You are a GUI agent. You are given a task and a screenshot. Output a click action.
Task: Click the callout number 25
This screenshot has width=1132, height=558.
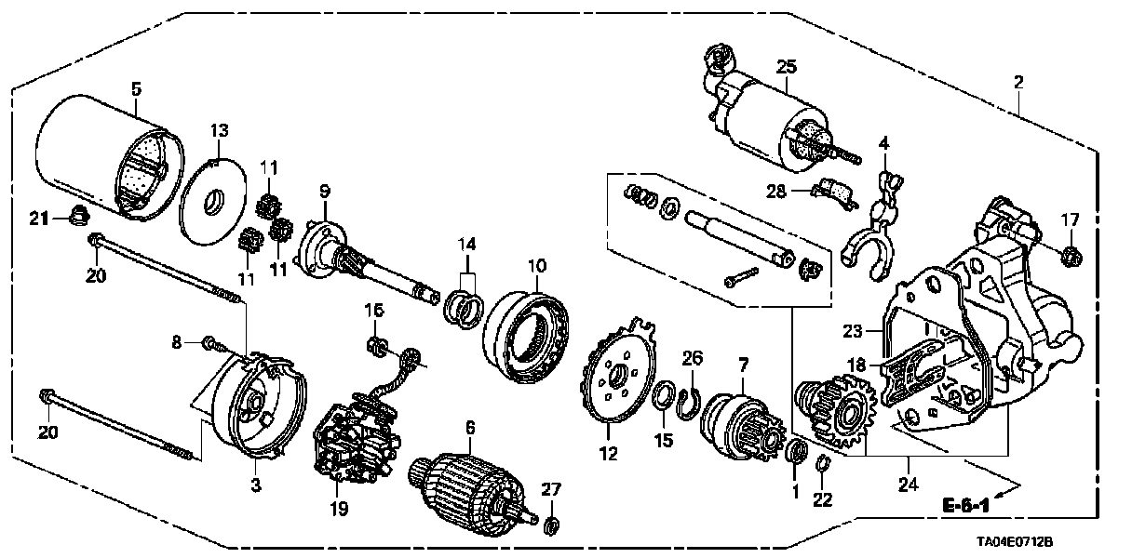pos(787,66)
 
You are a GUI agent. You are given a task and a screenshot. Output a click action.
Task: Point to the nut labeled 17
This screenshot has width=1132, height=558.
pos(1071,251)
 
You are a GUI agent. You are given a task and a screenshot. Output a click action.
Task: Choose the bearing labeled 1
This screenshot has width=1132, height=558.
pos(796,454)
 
